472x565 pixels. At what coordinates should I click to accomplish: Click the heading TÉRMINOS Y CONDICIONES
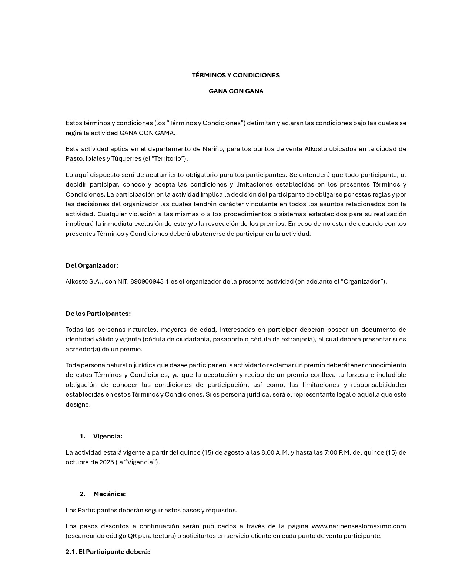(x=236, y=75)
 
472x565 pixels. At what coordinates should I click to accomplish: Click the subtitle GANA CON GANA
(x=236, y=91)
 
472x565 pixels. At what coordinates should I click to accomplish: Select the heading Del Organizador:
(x=92, y=265)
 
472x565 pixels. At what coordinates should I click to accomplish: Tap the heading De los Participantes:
(x=98, y=314)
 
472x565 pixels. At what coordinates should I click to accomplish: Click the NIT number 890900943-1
(x=149, y=281)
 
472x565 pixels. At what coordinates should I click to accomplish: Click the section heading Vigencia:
(x=107, y=436)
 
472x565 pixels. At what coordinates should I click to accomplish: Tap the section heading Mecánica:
(x=109, y=494)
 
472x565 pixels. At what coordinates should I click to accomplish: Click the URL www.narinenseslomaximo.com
(x=358, y=526)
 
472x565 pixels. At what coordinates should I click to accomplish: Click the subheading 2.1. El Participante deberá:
(x=108, y=552)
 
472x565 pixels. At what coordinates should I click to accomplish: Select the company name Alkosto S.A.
(x=83, y=281)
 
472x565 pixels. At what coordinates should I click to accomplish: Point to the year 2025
(x=107, y=462)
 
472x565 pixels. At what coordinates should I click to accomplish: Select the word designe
(x=78, y=404)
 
